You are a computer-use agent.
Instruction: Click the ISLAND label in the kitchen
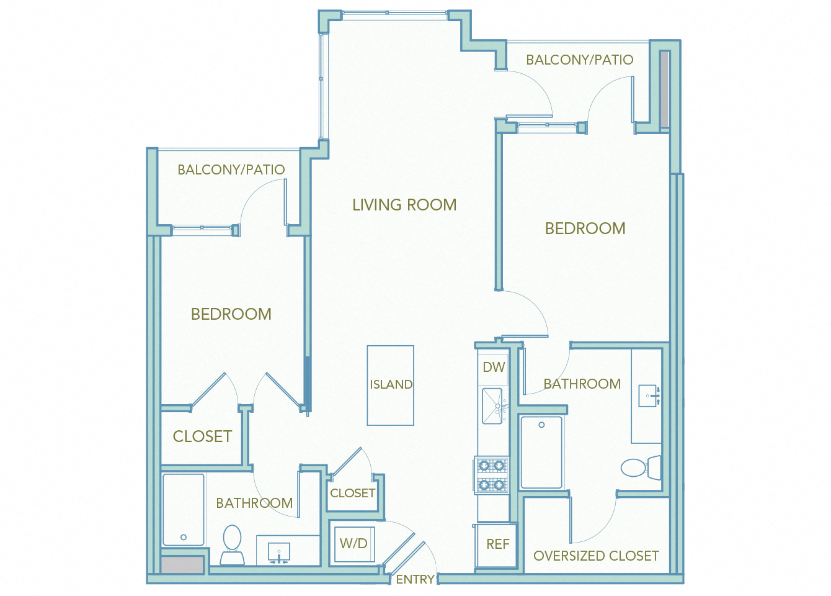(391, 385)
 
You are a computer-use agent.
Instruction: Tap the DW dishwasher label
(494, 368)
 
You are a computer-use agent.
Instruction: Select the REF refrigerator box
(497, 544)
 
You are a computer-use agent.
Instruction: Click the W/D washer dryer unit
(353, 544)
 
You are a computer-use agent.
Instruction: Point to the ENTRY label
(415, 579)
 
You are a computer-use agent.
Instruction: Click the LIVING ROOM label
(404, 205)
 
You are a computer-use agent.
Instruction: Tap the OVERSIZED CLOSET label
(596, 556)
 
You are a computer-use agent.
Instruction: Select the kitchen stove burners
(492, 475)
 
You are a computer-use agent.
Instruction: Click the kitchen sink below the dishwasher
(492, 405)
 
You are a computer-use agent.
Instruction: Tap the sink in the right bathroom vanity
(649, 395)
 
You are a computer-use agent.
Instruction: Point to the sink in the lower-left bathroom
(279, 551)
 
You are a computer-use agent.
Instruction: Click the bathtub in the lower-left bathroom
(184, 509)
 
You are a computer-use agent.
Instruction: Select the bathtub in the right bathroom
(541, 452)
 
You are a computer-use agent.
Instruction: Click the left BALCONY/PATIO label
(231, 169)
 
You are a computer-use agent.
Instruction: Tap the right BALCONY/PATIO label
(579, 60)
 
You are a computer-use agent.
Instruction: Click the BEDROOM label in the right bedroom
(585, 228)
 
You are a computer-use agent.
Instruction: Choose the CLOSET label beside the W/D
(352, 493)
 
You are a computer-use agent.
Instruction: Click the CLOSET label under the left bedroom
(202, 436)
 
